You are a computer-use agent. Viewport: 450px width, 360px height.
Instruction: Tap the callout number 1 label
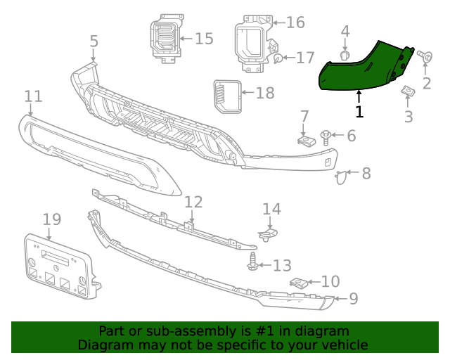click(x=359, y=111)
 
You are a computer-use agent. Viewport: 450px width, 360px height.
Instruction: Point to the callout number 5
click(x=94, y=42)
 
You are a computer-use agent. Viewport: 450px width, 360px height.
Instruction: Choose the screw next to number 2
click(x=425, y=56)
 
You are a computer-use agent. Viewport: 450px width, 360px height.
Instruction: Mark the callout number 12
click(x=193, y=202)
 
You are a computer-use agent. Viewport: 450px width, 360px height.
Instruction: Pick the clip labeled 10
click(x=298, y=283)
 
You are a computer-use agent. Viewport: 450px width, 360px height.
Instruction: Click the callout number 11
click(x=33, y=96)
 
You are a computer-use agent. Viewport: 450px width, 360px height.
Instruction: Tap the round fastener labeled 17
click(x=279, y=59)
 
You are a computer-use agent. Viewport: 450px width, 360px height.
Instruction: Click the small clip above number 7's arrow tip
click(x=304, y=141)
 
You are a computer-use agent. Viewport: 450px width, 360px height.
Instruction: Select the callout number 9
click(x=353, y=299)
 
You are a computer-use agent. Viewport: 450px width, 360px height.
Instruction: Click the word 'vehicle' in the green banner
click(x=344, y=345)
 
